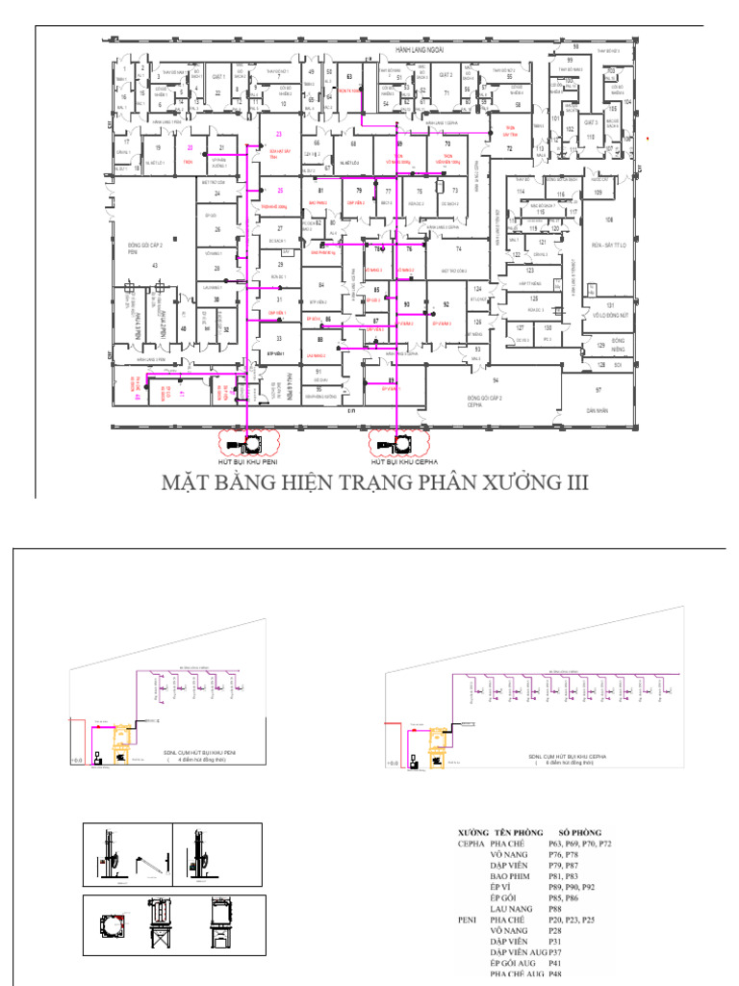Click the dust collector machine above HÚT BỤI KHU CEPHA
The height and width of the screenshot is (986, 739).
(399, 445)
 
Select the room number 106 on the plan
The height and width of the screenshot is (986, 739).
(609, 194)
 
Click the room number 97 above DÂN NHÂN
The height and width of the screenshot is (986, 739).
(598, 390)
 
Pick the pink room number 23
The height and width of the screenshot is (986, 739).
(279, 134)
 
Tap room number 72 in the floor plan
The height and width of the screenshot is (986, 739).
(510, 149)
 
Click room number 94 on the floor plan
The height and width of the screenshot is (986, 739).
(497, 367)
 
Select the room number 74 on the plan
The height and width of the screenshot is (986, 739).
(458, 248)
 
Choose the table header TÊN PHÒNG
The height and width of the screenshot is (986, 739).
(520, 831)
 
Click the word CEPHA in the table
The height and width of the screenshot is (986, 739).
(471, 843)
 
